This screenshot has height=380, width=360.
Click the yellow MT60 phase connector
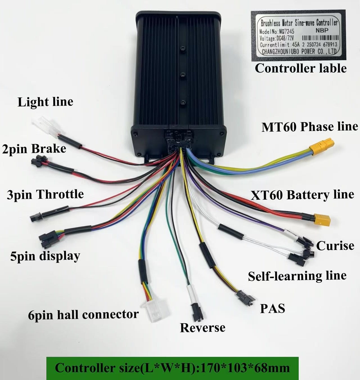(322, 146)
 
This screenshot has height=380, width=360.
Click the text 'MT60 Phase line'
(310, 127)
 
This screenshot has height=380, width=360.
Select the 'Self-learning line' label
(297, 276)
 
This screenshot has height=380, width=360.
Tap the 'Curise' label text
(335, 246)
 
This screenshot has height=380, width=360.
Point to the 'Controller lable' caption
(301, 68)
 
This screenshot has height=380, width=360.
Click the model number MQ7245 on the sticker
(287, 31)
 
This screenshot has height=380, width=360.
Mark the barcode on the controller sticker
(320, 38)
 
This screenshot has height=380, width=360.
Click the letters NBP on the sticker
(322, 30)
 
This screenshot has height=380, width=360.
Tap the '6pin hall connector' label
(83, 315)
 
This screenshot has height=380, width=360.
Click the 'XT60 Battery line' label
(302, 195)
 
